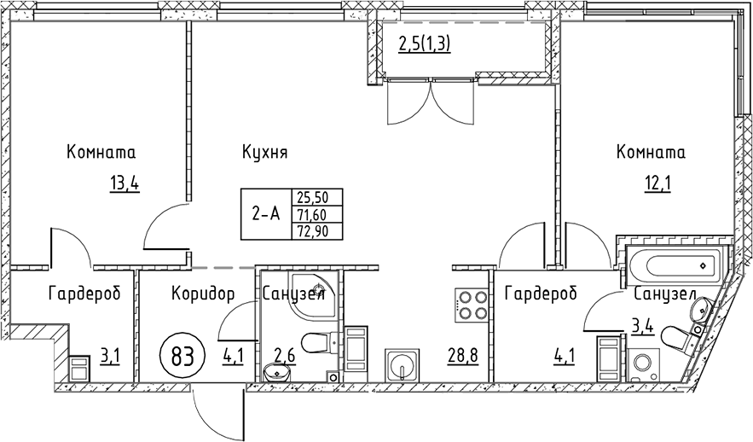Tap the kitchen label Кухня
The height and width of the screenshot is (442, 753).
(264, 154)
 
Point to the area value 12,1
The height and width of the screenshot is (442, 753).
(657, 183)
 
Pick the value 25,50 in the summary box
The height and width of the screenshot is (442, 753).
(311, 195)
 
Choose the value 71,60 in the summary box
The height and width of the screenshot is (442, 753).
(311, 213)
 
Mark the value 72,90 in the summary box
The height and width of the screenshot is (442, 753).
(311, 231)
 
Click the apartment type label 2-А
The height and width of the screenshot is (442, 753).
(265, 214)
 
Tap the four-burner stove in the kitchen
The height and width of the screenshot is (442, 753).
(472, 305)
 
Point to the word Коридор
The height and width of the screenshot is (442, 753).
(203, 294)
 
